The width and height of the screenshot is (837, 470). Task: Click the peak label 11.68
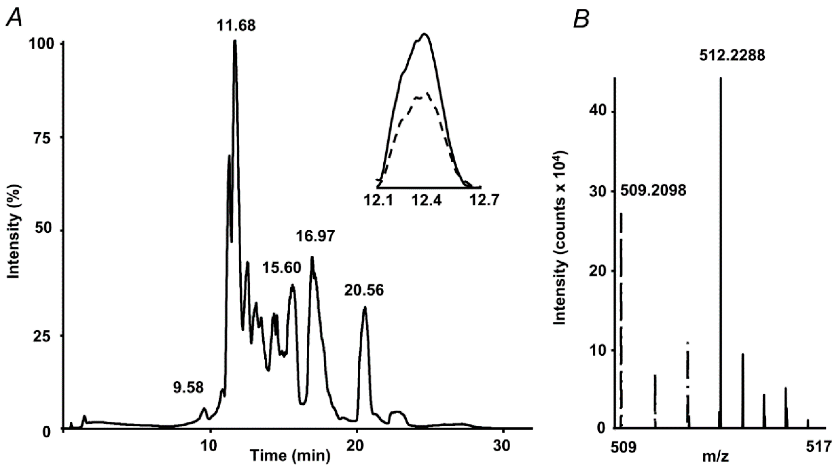236,25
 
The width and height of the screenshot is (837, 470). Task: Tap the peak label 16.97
315,236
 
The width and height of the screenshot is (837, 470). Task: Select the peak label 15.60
281,268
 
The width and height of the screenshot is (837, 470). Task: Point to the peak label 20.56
364,290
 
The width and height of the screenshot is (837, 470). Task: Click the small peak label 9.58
188,387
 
